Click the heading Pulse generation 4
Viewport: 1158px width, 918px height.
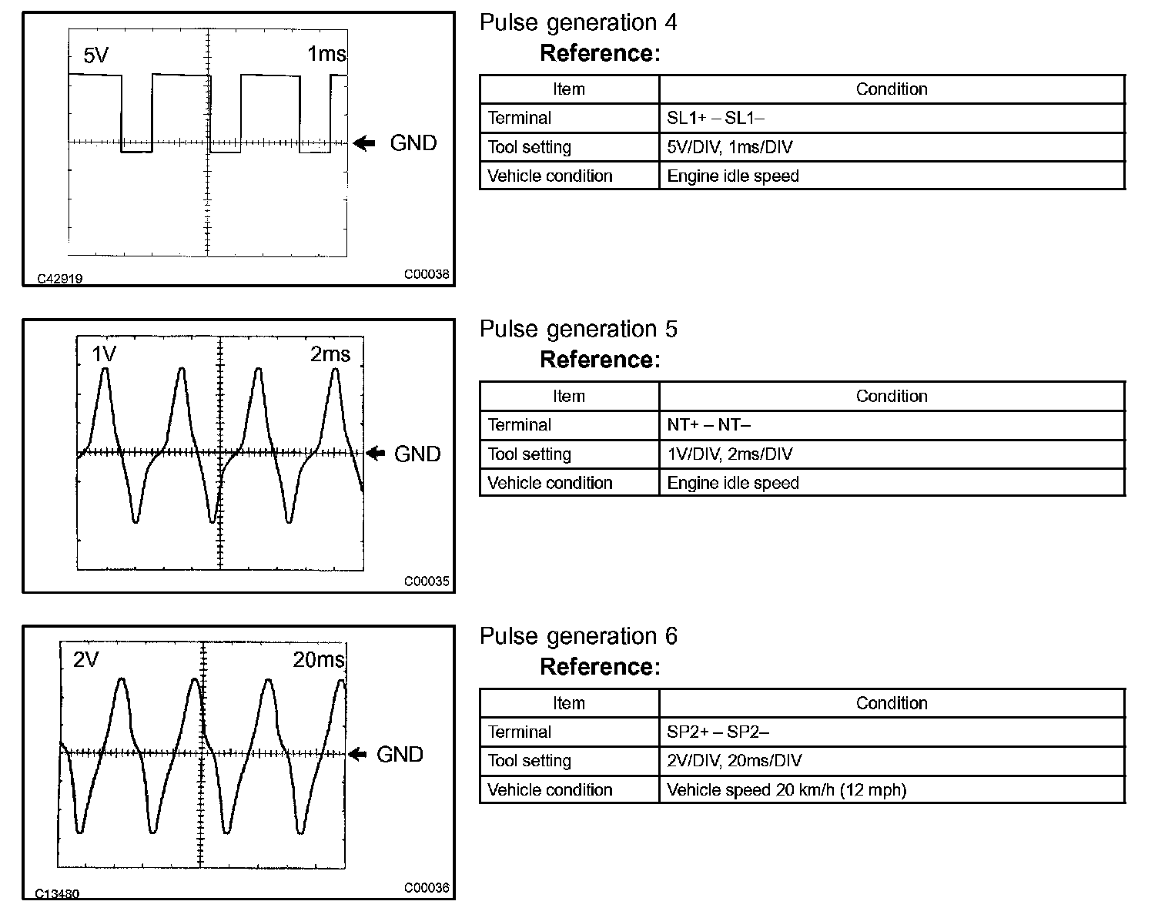(x=578, y=23)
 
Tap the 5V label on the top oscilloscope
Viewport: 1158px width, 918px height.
(x=96, y=55)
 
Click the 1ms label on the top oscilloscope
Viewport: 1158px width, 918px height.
(x=326, y=54)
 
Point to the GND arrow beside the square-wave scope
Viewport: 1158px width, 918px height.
(x=364, y=142)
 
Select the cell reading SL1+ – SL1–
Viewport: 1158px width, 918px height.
(x=715, y=118)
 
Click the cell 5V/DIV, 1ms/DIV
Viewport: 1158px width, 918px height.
(x=729, y=147)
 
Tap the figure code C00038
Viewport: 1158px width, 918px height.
(x=427, y=274)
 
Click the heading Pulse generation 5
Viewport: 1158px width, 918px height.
(x=578, y=330)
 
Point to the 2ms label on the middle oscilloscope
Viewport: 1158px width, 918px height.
(x=330, y=354)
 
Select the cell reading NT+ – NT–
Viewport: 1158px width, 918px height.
(x=708, y=425)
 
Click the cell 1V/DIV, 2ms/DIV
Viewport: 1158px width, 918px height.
(x=729, y=454)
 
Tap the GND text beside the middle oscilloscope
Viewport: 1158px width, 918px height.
(x=417, y=454)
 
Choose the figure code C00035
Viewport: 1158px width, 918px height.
(x=427, y=581)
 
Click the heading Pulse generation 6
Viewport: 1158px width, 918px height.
(x=578, y=636)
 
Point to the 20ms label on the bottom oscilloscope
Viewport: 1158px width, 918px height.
(x=319, y=660)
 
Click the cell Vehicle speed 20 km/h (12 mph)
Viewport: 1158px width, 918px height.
(x=786, y=790)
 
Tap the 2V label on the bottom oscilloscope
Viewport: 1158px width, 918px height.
(x=86, y=660)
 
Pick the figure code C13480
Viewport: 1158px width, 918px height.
(x=57, y=894)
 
